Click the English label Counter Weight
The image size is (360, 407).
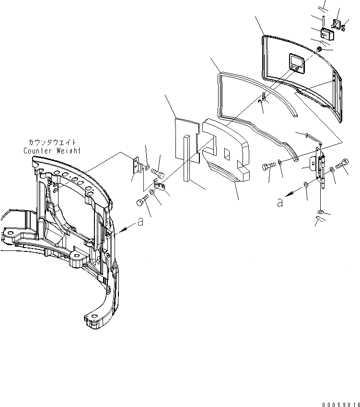point(52,151)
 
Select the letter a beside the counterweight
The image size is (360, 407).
point(139,222)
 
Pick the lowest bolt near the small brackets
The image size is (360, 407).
point(141,203)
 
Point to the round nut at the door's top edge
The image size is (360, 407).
point(319,49)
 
